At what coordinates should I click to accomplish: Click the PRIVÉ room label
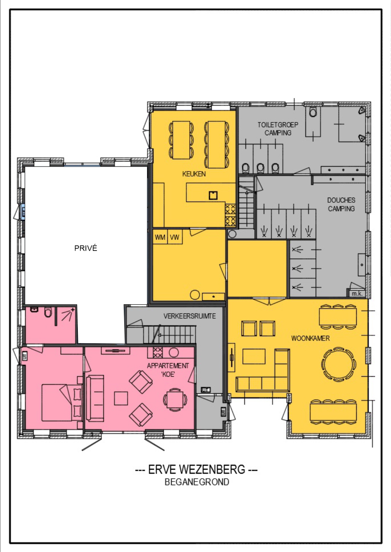pos(86,248)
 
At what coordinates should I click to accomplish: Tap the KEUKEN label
pos(194,174)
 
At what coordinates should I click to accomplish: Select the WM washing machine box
pos(160,237)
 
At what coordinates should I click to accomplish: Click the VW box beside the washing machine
pos(175,237)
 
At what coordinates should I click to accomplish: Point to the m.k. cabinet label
pos(357,293)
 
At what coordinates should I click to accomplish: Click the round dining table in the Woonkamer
pos(338,364)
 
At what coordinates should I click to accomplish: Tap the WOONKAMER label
pos(310,338)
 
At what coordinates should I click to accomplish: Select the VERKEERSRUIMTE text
pos(190,316)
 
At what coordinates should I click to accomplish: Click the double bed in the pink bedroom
pos(62,403)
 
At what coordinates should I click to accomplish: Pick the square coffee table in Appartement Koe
pos(121,399)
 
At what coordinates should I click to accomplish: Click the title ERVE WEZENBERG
pos(197,469)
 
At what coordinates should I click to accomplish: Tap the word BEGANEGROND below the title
pos(197,482)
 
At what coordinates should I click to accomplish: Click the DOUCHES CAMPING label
pos(341,204)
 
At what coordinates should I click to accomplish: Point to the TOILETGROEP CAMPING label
pos(278,129)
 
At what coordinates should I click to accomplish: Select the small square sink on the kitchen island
pos(213,195)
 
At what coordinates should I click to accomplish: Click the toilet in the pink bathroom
pos(48,312)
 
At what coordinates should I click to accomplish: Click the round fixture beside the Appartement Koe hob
pos(174,353)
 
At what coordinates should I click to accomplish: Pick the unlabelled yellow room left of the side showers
pos(257,269)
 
